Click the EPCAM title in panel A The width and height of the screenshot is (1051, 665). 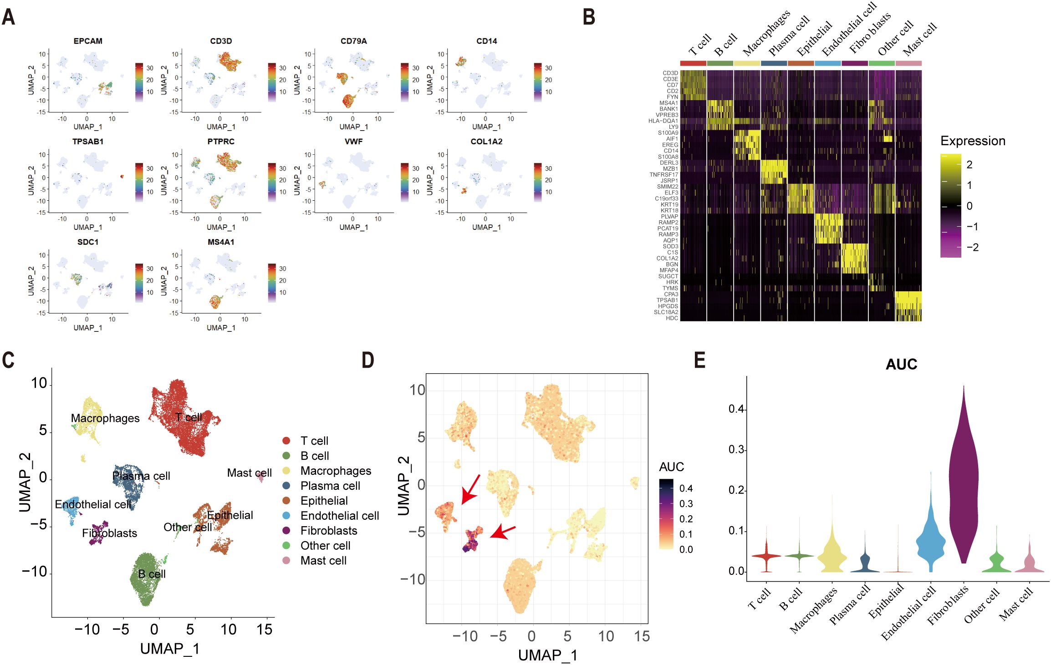[88, 41]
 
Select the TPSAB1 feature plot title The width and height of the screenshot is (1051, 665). [88, 142]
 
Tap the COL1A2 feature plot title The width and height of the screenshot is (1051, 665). [486, 142]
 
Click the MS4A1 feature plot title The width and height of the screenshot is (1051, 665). [221, 242]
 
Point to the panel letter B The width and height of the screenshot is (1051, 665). [589, 17]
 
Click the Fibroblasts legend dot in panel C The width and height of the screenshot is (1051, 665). [286, 531]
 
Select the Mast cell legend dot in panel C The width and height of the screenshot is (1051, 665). [286, 561]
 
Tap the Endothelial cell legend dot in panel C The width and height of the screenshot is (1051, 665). [286, 516]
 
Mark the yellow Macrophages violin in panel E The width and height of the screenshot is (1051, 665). [832, 555]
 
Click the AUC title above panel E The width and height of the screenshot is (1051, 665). [901, 365]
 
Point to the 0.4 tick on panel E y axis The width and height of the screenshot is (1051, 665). [736, 409]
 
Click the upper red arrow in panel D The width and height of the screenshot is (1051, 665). [470, 490]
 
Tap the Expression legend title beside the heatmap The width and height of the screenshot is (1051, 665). [973, 141]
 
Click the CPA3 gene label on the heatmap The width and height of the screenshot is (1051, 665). [671, 294]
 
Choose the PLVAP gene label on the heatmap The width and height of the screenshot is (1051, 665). [669, 217]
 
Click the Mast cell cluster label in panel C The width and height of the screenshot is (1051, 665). [249, 473]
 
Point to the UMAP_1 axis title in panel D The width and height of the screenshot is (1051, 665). [547, 655]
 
